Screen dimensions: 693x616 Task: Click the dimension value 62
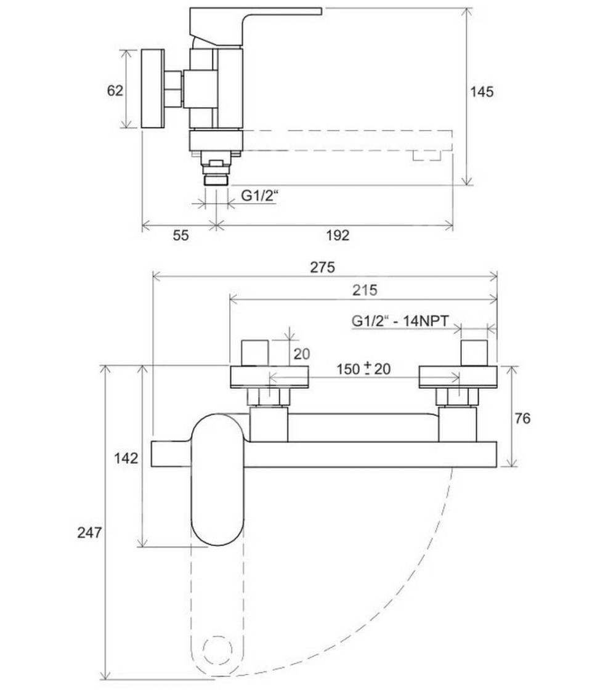115,91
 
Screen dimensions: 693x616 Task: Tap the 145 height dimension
482,92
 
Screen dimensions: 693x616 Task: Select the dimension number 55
180,235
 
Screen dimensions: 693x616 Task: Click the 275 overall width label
322,267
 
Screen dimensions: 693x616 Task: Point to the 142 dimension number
126,458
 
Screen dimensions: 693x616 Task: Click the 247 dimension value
89,533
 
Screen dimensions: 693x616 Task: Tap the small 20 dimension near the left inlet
301,354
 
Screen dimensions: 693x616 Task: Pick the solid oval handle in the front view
219,479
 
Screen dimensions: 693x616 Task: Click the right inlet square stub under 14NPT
475,353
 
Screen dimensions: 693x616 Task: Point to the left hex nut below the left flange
269,397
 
